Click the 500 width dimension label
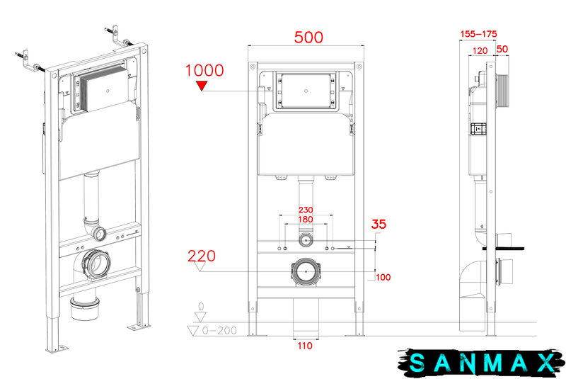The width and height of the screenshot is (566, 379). coord(308,38)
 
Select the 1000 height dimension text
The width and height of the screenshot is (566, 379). coord(204,70)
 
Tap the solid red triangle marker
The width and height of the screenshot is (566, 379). coord(202,86)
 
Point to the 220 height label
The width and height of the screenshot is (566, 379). coord(202,256)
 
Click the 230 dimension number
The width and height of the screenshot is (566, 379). coord(306,210)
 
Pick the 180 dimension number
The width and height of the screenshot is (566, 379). coord(306,220)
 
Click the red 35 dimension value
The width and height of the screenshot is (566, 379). coord(379,224)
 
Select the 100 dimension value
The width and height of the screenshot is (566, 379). coord(383,277)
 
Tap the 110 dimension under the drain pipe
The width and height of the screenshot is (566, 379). coord(305,346)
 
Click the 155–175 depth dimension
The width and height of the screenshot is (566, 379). coord(479,34)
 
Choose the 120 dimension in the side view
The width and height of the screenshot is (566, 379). coord(480,51)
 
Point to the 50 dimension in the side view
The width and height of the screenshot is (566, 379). coord(502,49)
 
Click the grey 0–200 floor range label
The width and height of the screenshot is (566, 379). coord(219,331)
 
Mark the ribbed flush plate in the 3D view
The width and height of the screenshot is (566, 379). coord(103,89)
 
